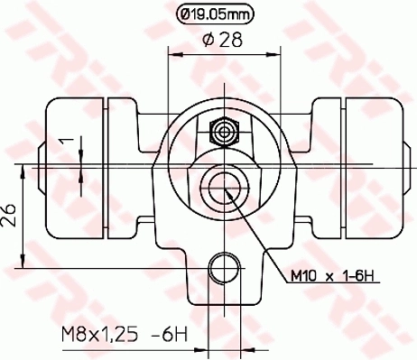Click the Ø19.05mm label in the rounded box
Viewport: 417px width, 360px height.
(218, 14)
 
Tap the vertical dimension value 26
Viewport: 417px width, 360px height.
(10, 217)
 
